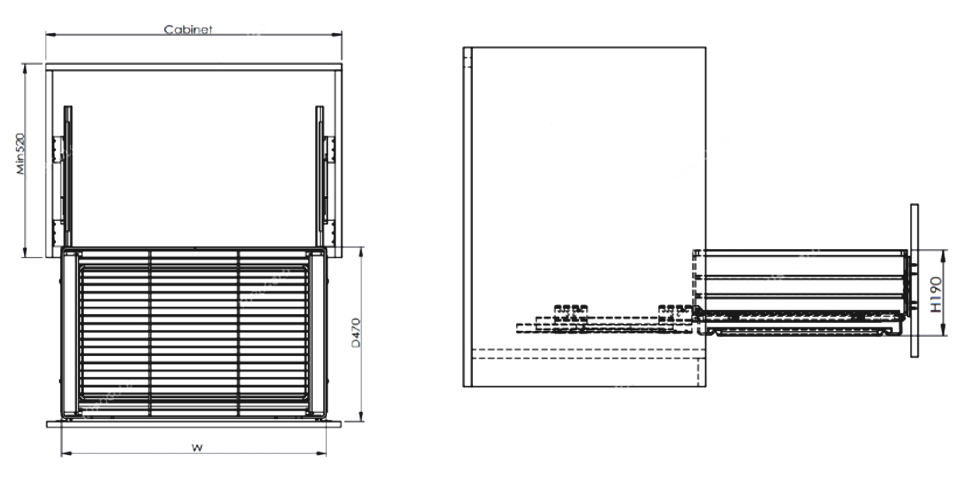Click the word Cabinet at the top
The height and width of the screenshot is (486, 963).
[x=188, y=30]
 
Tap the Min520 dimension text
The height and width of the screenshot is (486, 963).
[x=22, y=153]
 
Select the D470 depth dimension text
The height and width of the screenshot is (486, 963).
[x=356, y=333]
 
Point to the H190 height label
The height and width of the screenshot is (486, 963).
[x=935, y=294]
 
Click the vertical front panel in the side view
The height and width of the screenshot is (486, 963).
[x=914, y=281]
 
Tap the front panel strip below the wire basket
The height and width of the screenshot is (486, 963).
[x=194, y=424]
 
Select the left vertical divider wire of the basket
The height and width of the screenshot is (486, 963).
[x=150, y=332]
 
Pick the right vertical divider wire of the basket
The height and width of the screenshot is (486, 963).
[x=239, y=332]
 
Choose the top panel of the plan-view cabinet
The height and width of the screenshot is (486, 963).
[x=194, y=67]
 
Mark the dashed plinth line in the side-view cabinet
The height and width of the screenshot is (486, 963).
[x=585, y=350]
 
